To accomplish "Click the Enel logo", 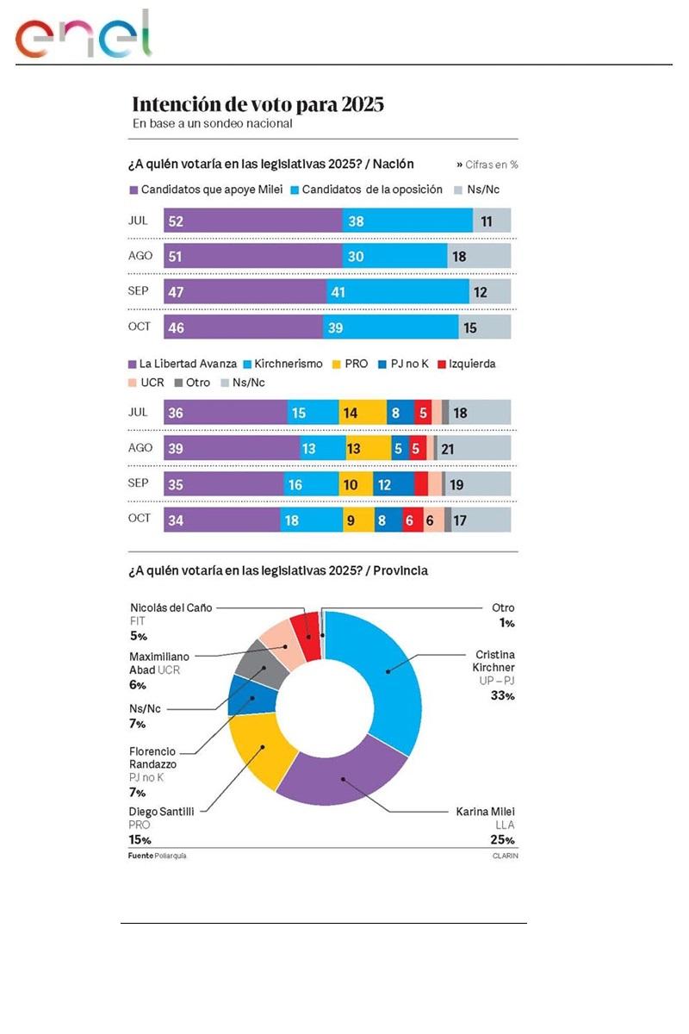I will click(x=83, y=36).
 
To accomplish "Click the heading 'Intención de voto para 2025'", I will click(x=258, y=105).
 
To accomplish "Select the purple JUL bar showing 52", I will click(x=253, y=221).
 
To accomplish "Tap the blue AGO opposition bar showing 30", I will click(x=394, y=256).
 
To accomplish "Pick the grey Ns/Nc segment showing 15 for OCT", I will click(x=485, y=327).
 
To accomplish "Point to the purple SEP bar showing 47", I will click(x=245, y=292).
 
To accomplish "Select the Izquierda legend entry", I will click(x=465, y=364).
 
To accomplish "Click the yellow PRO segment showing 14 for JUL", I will click(x=362, y=413).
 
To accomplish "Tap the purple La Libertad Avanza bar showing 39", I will click(x=232, y=448).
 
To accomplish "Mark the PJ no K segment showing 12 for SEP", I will click(x=393, y=484).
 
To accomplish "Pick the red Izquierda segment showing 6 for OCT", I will click(x=412, y=520).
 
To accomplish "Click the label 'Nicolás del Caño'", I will click(x=171, y=607).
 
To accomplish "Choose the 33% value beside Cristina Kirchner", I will click(x=504, y=695).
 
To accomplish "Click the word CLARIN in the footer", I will click(x=506, y=856).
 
